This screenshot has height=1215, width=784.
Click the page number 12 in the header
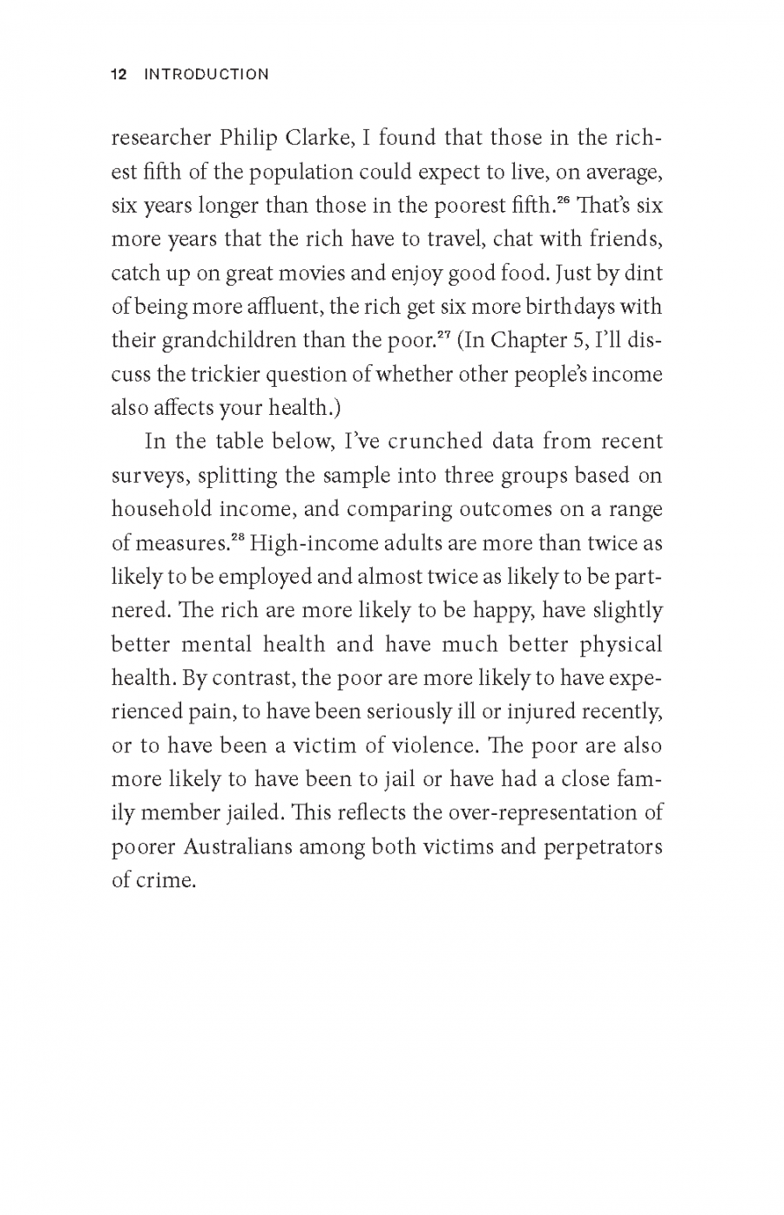pos(119,75)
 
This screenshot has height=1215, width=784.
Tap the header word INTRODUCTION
pos(206,75)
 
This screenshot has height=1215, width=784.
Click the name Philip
pos(248,139)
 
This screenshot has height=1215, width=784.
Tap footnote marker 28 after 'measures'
pos(237,537)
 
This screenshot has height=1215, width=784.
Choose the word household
pos(162,509)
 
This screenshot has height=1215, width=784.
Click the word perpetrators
pos(603,846)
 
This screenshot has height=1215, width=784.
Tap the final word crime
pos(166,880)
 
